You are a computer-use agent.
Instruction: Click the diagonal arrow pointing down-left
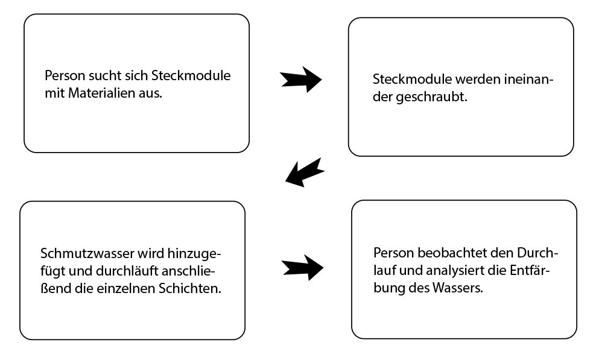pos(305,172)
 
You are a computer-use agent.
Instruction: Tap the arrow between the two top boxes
pos(301,79)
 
